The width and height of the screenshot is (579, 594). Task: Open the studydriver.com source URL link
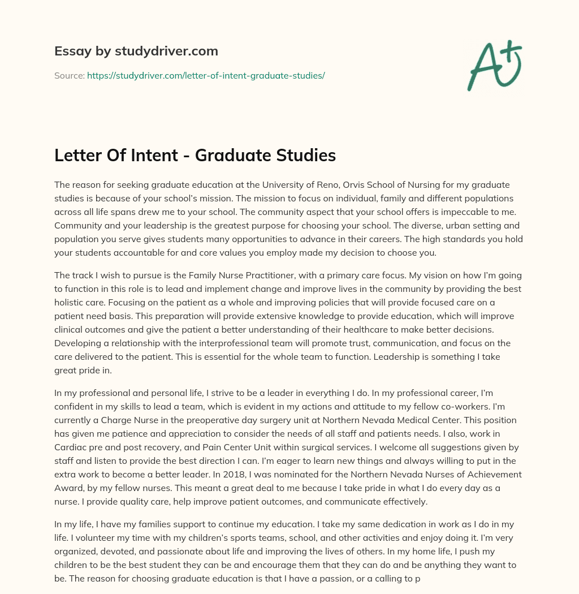(x=206, y=75)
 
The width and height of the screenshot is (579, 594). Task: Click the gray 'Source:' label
(x=69, y=75)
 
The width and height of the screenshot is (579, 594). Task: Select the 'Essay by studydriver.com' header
(x=136, y=51)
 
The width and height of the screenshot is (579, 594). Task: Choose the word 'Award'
(x=70, y=487)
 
